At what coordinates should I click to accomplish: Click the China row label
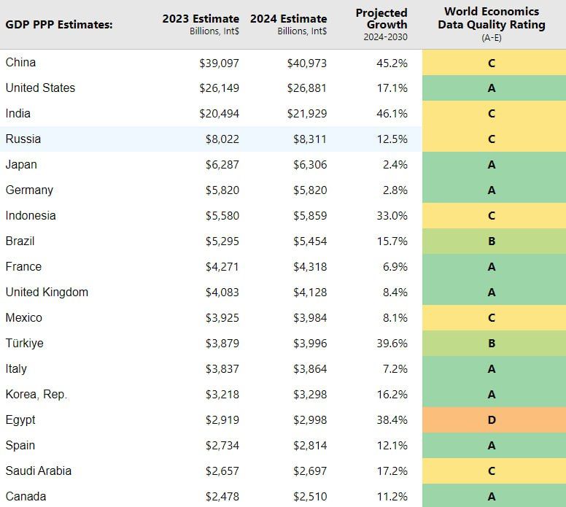(20, 63)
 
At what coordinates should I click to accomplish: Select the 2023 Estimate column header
(201, 18)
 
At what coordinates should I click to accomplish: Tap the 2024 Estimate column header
(288, 18)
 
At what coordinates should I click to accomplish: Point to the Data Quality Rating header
(491, 24)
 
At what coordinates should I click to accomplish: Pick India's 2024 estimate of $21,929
(307, 114)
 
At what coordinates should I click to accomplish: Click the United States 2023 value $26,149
(219, 88)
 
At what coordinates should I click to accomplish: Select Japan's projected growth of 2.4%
(395, 165)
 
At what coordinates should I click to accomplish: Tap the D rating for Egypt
(492, 420)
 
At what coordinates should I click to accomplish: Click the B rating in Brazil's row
(492, 241)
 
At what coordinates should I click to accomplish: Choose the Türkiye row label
(24, 344)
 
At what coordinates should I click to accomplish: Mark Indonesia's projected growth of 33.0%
(392, 216)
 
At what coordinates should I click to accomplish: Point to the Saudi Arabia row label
(39, 471)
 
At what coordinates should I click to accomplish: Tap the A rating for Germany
(492, 190)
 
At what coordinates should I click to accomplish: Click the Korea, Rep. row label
(36, 395)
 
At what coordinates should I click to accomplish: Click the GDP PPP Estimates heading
(59, 25)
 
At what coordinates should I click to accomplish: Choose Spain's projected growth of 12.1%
(392, 446)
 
